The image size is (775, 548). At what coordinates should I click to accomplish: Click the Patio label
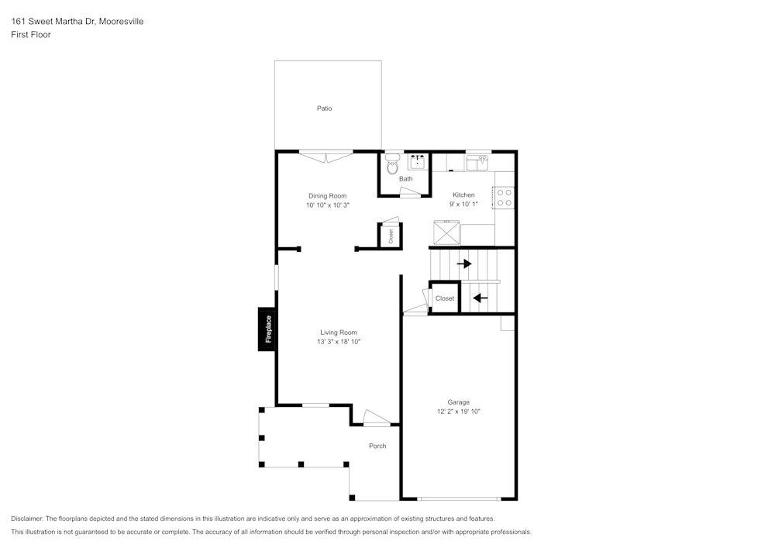point(324,109)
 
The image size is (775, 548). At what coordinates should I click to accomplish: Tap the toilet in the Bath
point(392,164)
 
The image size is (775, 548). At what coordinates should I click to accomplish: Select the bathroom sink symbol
point(417,161)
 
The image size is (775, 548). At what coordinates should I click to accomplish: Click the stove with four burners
point(505,198)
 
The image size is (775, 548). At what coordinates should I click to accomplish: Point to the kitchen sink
point(477,163)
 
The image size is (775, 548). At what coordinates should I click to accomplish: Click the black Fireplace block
point(268,329)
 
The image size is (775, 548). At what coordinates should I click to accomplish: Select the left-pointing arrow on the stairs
point(480,297)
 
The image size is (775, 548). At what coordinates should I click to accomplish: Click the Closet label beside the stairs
point(445,298)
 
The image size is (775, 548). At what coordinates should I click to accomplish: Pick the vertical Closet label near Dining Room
point(391,236)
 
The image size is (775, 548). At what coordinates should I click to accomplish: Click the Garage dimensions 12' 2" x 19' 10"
point(458,412)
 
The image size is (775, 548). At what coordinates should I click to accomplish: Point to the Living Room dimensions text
point(339,341)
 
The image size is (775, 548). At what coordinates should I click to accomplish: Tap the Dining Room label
point(327,196)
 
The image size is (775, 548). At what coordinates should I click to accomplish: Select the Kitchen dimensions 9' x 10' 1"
point(463,204)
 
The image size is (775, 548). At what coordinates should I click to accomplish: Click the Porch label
point(377,446)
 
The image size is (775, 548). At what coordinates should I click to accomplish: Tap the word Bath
point(405,179)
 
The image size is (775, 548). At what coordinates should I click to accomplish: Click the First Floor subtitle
point(31,35)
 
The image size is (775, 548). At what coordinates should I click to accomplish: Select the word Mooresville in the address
point(120,22)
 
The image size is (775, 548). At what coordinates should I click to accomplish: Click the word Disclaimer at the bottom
point(27,519)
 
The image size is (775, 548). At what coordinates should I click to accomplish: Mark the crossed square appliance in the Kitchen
point(447,233)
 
